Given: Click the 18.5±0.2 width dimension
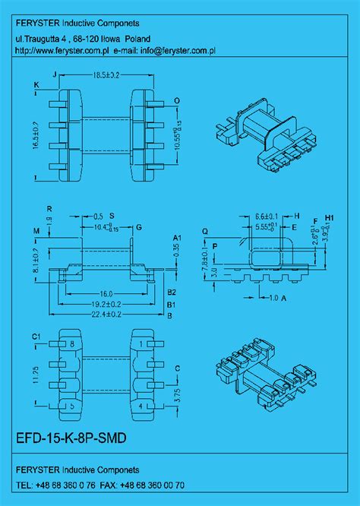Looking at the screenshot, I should [x=106, y=75].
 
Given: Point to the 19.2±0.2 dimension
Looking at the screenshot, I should [x=105, y=303].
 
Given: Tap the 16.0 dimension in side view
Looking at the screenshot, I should [x=105, y=293].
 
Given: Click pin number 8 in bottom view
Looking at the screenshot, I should [x=72, y=343].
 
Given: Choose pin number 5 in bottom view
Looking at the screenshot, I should [x=72, y=406].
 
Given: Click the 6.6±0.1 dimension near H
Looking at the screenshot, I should [x=264, y=216].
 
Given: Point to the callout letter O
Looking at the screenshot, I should [x=176, y=100].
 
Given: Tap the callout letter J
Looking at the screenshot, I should [x=55, y=75].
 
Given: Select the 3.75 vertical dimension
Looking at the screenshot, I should [x=176, y=394].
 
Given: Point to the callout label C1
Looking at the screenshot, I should [x=36, y=336].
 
